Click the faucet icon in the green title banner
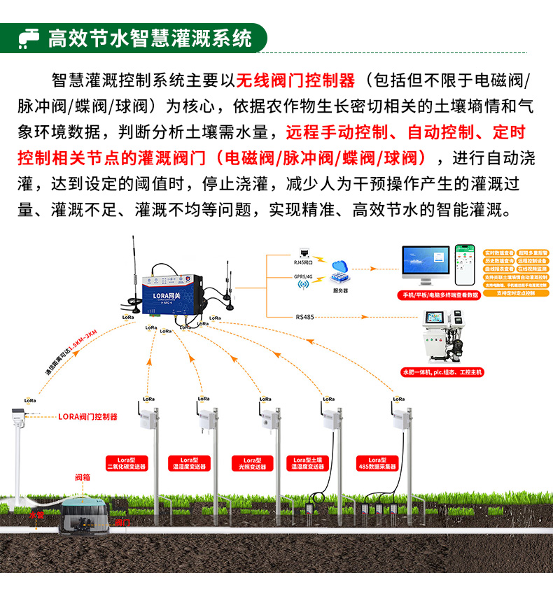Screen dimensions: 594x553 (x=29, y=36)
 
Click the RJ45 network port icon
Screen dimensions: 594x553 (x=304, y=253)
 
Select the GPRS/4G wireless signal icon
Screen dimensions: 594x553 (x=304, y=283)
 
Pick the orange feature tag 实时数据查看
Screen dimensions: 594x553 (x=499, y=252)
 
